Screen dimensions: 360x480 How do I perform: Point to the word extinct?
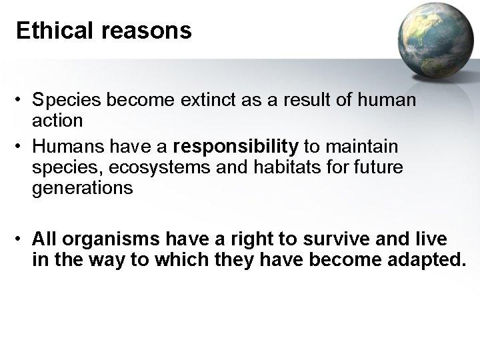click(203, 101)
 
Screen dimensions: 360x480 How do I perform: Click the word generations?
click(83, 188)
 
